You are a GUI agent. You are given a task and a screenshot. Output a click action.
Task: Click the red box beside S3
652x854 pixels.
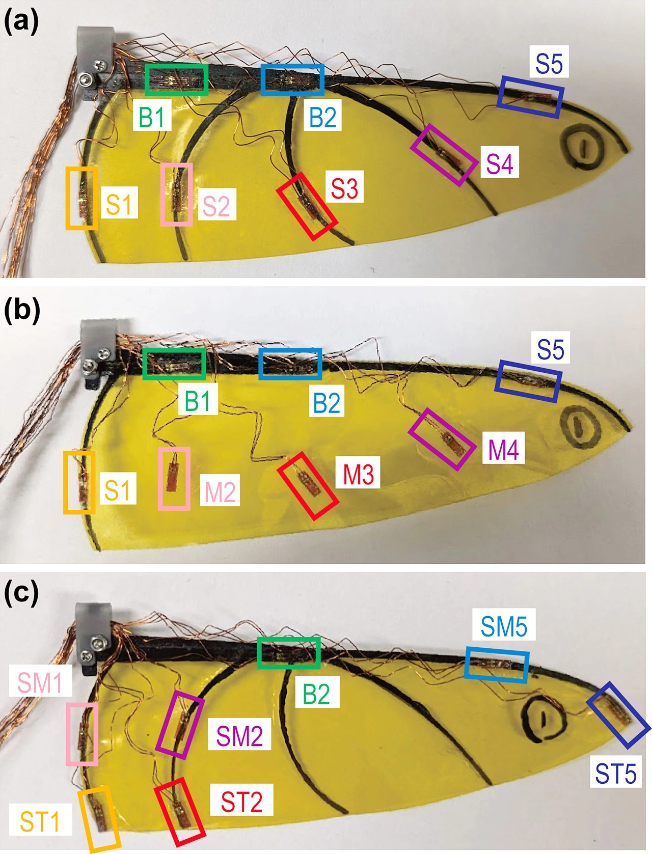(307, 206)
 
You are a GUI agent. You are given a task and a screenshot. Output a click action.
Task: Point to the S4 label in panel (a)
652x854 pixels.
(499, 163)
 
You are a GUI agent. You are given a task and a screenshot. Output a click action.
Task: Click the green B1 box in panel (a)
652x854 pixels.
(176, 79)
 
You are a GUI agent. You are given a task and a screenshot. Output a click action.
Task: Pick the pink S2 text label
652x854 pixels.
(216, 205)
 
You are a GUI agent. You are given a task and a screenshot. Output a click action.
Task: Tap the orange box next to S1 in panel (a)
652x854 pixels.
(81, 198)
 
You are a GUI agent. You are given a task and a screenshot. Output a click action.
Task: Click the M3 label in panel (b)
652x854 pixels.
(358, 474)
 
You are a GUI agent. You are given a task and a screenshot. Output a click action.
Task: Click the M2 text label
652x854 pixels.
(220, 491)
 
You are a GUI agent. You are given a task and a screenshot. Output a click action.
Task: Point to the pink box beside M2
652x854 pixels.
(174, 478)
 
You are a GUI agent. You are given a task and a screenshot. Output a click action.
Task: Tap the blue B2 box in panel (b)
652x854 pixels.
(290, 364)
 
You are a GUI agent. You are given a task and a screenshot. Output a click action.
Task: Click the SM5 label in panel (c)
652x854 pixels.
(504, 625)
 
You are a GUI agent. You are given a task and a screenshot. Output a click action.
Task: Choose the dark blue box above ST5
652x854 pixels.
(618, 715)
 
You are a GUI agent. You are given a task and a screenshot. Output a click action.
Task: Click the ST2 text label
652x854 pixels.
(241, 802)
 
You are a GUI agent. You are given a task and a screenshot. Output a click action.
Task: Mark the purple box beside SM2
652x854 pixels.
(180, 725)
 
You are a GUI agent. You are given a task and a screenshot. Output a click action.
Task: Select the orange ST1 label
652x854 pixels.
(40, 821)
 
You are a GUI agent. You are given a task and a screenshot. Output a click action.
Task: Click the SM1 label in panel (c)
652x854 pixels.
(40, 682)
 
